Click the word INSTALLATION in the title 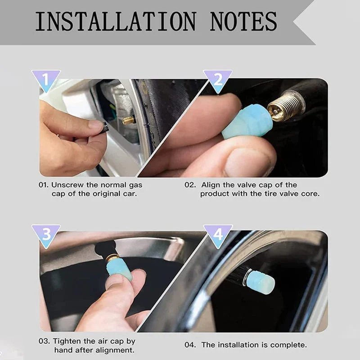(116, 21)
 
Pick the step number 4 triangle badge (218, 234)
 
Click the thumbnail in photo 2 (243, 162)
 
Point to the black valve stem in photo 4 (236, 274)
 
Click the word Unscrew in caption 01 (66, 185)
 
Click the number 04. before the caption (191, 345)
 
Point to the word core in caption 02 (312, 193)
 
